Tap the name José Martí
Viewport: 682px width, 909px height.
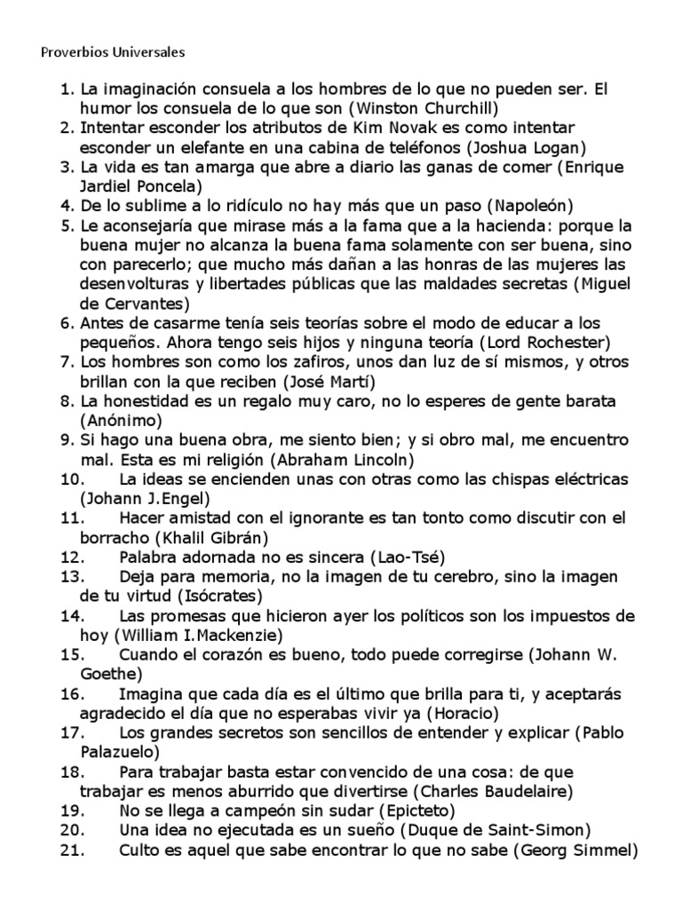tap(331, 382)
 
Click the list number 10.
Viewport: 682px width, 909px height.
tap(73, 479)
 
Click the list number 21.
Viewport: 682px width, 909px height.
tap(73, 850)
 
